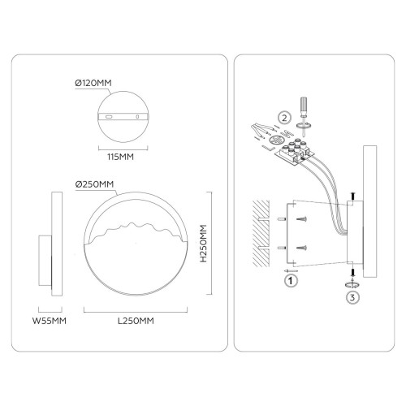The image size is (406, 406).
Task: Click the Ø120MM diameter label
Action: [93, 83]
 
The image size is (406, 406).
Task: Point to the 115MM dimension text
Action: [120, 157]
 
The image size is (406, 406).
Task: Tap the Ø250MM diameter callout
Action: [94, 184]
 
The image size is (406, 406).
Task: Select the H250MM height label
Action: [203, 244]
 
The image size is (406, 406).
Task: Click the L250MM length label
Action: [136, 321]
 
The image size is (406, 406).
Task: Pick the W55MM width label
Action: [50, 321]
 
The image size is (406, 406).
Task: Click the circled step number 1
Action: [291, 281]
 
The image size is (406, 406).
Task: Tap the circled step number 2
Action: [284, 118]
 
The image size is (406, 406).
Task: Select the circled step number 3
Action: [352, 297]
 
